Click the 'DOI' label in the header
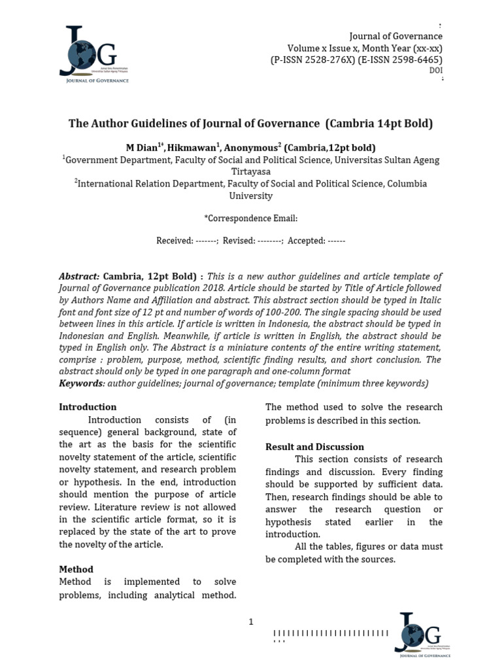pos(435,71)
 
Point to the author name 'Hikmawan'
pos(190,148)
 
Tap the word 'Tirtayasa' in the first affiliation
pos(250,171)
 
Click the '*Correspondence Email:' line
pos(250,218)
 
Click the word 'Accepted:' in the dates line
pos(306,241)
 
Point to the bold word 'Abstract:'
pos(80,277)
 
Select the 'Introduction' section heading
pos(88,407)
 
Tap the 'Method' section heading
pos(76,569)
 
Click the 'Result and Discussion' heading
pos(314,447)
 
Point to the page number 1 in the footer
pos(251,622)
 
